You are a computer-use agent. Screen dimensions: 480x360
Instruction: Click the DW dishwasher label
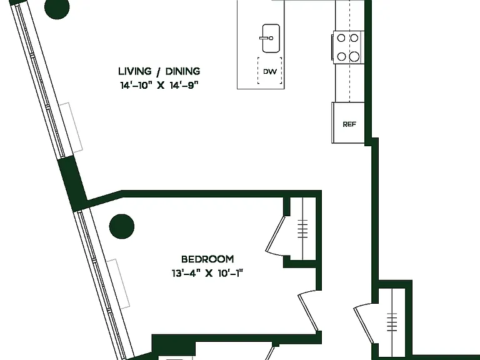tap(270, 72)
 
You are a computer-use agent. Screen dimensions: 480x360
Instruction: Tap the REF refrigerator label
tap(349, 124)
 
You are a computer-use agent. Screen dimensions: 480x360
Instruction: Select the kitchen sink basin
tap(271, 38)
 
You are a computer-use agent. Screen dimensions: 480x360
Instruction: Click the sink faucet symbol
tap(266, 38)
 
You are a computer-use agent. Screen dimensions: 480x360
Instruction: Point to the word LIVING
tap(135, 71)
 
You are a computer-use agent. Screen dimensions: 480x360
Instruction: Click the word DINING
tap(182, 71)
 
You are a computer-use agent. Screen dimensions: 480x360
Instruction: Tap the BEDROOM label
tap(207, 259)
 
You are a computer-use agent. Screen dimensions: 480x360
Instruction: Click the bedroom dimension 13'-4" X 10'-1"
tap(207, 273)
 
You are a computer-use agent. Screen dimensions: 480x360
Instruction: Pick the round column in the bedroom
tap(121, 226)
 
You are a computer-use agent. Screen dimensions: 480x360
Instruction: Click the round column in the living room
tap(57, 7)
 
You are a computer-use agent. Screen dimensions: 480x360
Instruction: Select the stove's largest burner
tap(354, 56)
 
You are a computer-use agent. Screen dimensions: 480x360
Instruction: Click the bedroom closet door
tap(275, 235)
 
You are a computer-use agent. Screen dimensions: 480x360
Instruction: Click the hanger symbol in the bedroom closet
tap(302, 229)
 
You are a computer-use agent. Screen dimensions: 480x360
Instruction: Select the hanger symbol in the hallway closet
tap(392, 322)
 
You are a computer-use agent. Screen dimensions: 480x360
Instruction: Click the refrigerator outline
tap(348, 122)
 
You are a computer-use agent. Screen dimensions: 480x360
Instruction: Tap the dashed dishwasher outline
tap(270, 71)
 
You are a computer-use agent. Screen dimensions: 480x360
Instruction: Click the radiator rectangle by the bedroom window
tap(118, 284)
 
